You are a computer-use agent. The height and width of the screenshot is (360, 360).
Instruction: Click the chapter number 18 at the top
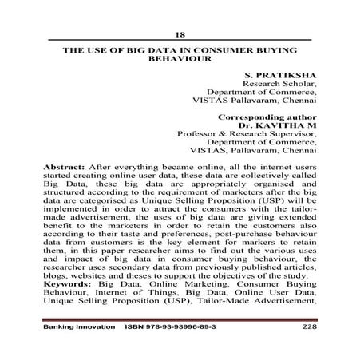click(180, 34)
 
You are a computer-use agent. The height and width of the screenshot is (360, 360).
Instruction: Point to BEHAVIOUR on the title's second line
click(180, 59)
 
